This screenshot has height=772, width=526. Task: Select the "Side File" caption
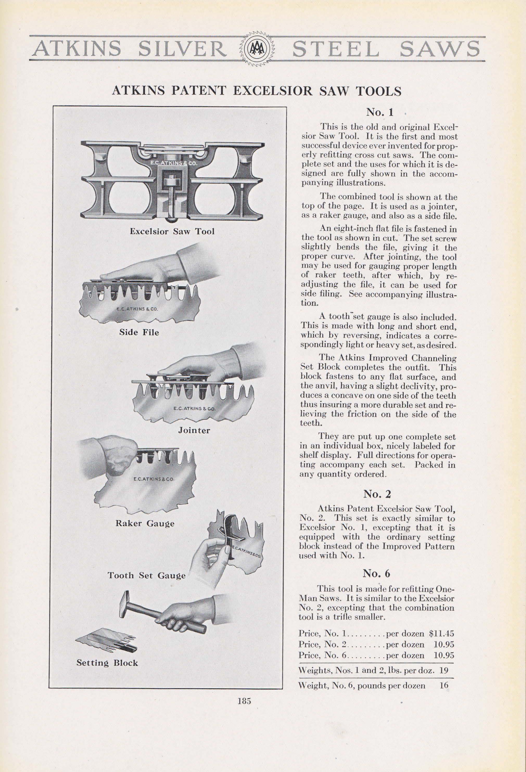click(139, 332)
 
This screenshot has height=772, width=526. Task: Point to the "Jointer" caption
click(194, 430)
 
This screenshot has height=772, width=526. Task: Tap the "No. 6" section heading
click(377, 573)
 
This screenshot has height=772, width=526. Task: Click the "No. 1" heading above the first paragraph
click(379, 112)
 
